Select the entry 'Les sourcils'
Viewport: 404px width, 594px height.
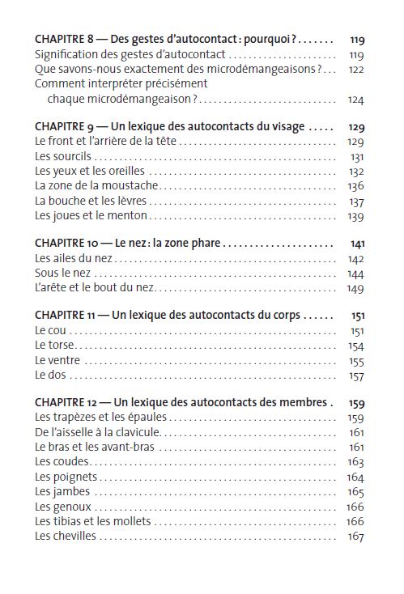tap(64, 156)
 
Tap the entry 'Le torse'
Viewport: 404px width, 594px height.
tap(55, 346)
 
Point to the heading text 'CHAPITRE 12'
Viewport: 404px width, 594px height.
tap(67, 402)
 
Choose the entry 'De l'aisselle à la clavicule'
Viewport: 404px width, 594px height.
tap(98, 432)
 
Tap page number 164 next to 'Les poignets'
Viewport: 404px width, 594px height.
tap(356, 477)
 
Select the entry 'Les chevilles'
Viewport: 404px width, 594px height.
tap(66, 536)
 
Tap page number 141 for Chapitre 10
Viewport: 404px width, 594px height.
tap(357, 244)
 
